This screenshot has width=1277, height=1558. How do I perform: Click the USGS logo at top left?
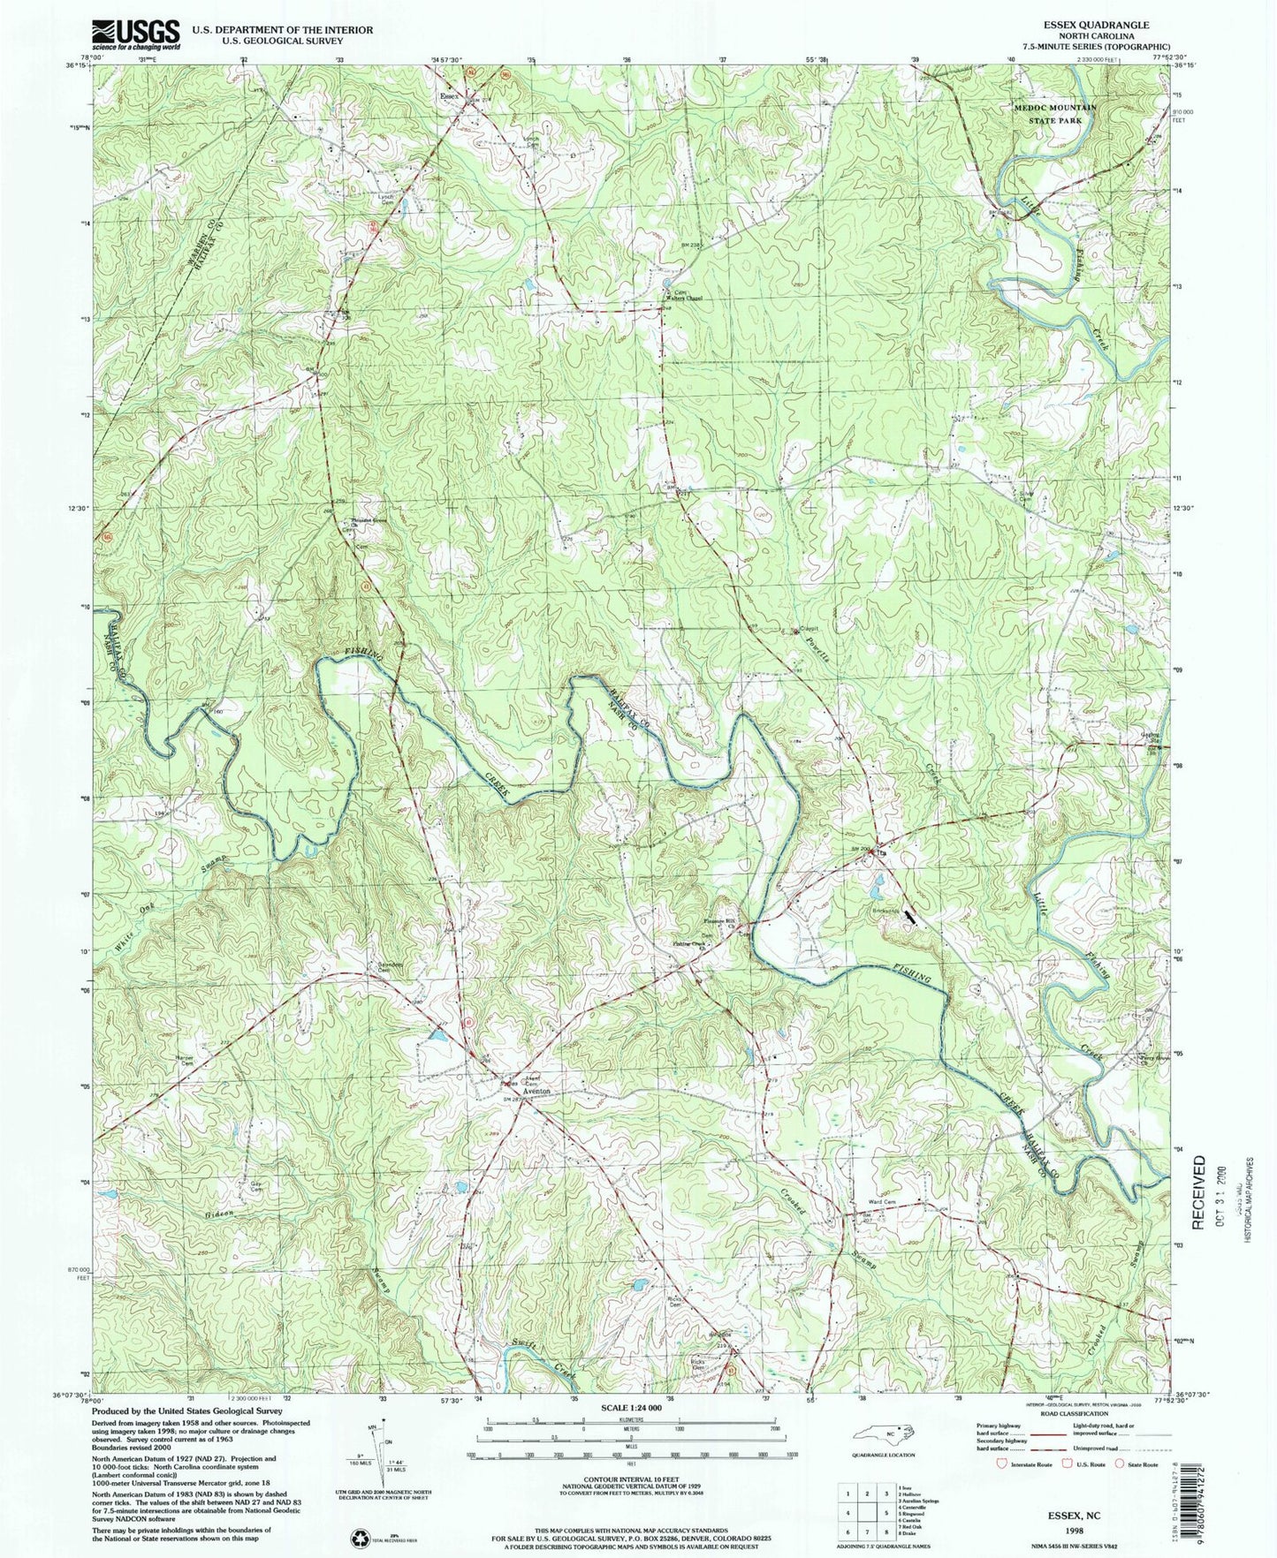coord(135,34)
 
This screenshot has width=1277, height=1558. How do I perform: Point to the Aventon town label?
coord(537,1092)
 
